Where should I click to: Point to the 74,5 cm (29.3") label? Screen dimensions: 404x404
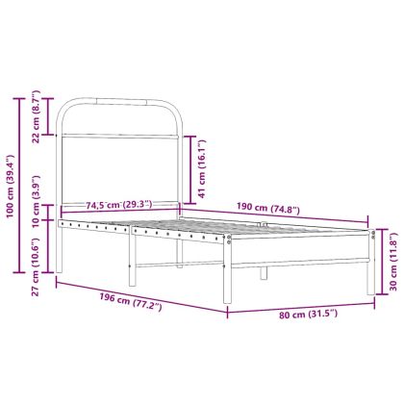114,204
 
